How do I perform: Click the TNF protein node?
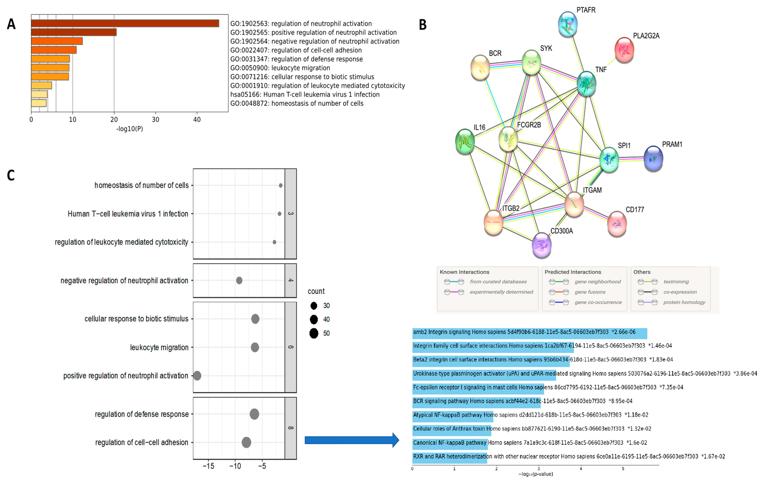[x=586, y=83]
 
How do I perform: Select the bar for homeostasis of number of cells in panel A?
[x=39, y=103]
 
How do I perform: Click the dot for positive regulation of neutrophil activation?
[x=197, y=376]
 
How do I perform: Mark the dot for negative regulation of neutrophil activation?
[x=239, y=280]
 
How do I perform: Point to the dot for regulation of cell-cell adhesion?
[x=246, y=442]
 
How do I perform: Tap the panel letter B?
[x=423, y=25]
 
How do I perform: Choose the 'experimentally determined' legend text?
[x=501, y=292]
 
